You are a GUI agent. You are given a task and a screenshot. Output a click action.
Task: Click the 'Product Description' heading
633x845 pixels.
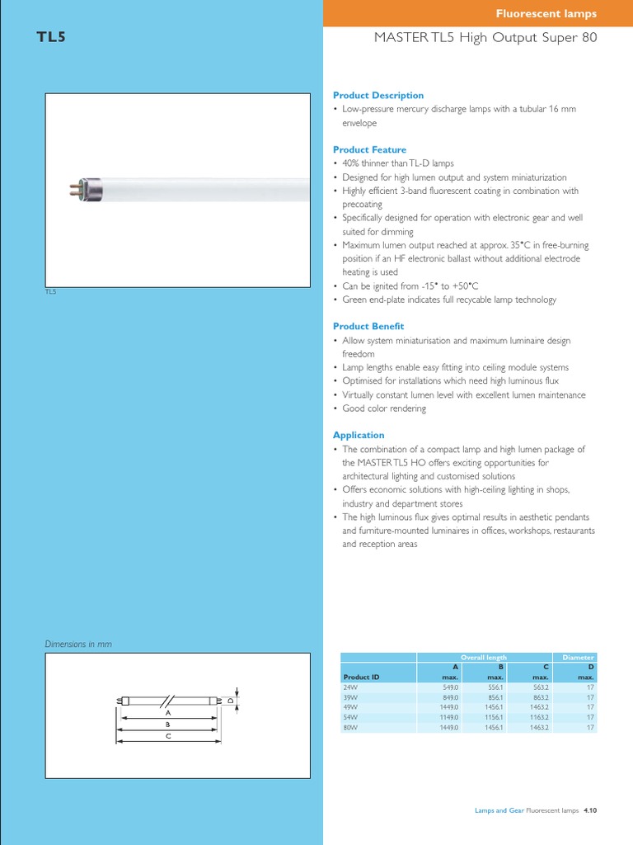(x=377, y=96)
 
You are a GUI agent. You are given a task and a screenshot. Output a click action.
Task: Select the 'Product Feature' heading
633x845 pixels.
(x=369, y=149)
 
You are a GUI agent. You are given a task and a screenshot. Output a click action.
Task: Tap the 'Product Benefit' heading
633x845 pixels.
(x=368, y=327)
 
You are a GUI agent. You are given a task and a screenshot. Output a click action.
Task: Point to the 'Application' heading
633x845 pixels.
(x=359, y=435)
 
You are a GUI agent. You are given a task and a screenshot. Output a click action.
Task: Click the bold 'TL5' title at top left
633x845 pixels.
(x=52, y=37)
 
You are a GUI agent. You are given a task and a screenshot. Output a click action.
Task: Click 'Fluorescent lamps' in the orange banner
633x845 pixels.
(x=546, y=13)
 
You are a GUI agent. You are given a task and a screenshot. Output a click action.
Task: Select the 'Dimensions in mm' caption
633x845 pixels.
(x=77, y=644)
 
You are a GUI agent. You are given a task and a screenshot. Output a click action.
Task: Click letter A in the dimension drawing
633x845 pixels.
(x=167, y=711)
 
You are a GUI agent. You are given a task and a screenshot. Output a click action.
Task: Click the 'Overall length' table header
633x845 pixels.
(x=484, y=658)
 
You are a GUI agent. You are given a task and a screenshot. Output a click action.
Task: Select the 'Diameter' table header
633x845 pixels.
(x=578, y=658)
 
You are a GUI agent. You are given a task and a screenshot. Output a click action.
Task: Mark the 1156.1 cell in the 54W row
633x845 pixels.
(x=493, y=718)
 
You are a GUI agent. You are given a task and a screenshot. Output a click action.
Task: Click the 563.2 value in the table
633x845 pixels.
(x=539, y=687)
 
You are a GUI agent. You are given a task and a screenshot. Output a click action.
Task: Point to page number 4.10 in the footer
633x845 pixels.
(x=589, y=811)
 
